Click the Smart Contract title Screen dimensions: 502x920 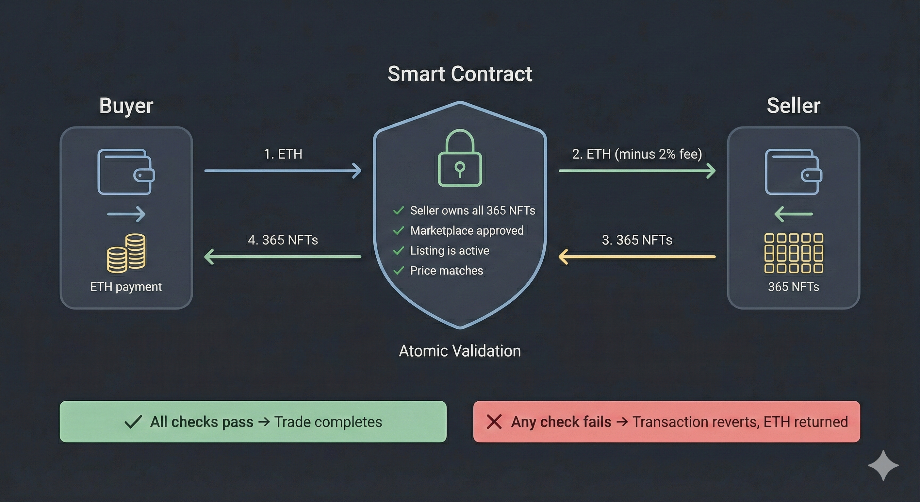(460, 74)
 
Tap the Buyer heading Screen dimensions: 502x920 (126, 106)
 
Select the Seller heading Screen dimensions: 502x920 (793, 106)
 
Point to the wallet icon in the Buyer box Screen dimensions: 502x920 (126, 172)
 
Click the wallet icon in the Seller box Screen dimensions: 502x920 (793, 172)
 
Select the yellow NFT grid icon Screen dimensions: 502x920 (793, 253)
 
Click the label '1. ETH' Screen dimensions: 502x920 (283, 154)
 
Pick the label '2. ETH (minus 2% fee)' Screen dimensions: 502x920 (637, 154)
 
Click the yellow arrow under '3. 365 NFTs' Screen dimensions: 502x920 (637, 257)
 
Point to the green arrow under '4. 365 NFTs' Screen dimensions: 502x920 (283, 257)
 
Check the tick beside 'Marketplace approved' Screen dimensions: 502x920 (398, 230)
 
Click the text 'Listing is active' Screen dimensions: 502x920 (449, 250)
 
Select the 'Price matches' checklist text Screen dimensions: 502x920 (446, 271)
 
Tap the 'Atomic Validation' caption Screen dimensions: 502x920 (460, 351)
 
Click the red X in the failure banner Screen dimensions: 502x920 (494, 422)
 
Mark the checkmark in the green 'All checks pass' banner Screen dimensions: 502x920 (133, 422)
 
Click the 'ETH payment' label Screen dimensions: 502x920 (126, 287)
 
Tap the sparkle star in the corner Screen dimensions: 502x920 (883, 465)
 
